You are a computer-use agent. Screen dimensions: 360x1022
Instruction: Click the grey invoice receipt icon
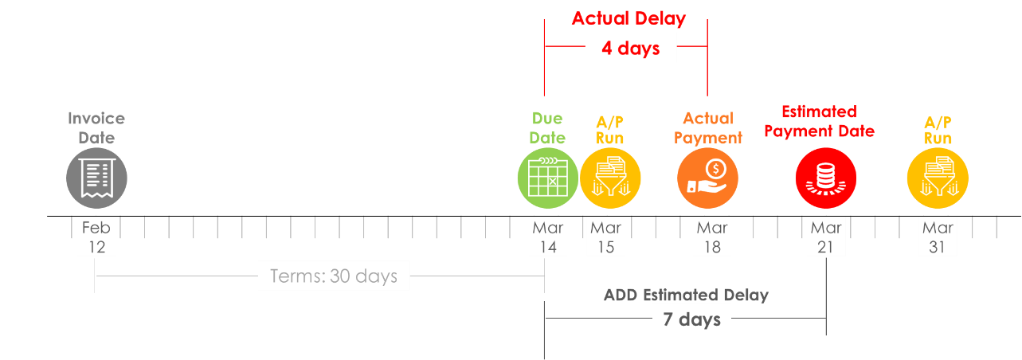96,178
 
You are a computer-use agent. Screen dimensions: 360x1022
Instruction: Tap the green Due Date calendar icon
547,178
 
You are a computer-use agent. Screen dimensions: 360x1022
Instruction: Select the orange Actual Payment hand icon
708,178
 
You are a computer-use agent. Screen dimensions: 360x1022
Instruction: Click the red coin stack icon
825,178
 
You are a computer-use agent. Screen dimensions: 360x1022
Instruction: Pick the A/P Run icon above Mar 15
609,178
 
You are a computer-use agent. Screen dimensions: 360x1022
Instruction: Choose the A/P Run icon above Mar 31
938,178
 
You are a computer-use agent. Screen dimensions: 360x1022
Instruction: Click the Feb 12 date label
96,237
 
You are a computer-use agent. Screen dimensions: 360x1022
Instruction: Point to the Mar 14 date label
548,237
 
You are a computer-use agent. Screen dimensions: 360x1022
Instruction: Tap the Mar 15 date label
605,237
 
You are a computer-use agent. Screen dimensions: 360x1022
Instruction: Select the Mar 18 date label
712,237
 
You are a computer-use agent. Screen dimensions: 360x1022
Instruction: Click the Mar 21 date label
825,237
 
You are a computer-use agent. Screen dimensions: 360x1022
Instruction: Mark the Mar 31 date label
938,237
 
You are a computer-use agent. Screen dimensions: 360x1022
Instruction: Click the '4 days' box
630,49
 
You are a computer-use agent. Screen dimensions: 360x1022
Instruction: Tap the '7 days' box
691,320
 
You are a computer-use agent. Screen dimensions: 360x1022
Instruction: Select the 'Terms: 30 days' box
334,276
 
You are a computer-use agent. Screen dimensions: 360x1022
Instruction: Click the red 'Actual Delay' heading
628,18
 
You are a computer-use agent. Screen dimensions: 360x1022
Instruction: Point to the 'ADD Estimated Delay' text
686,295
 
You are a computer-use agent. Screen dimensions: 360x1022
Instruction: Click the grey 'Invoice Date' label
96,128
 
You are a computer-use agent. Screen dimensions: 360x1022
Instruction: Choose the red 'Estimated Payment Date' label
819,121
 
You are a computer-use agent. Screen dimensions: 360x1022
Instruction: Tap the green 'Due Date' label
547,128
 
